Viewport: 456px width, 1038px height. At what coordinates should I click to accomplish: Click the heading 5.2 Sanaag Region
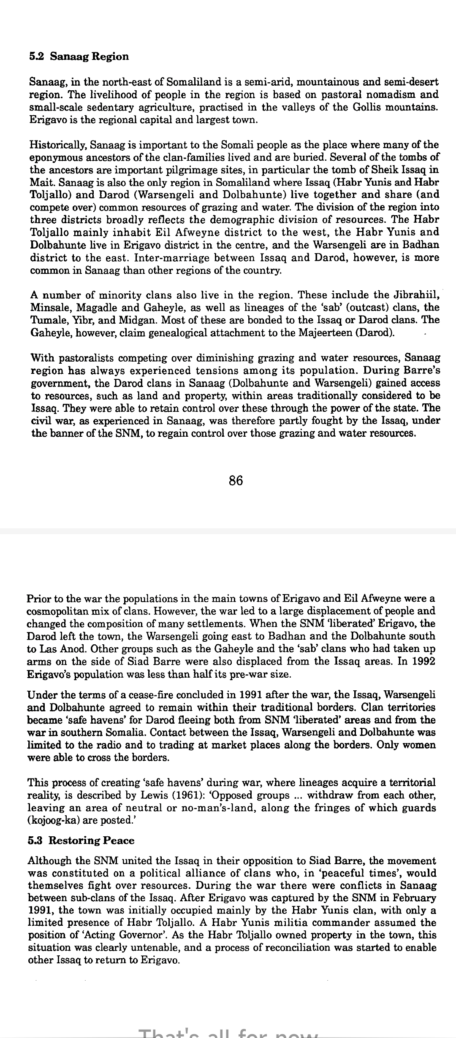(x=79, y=57)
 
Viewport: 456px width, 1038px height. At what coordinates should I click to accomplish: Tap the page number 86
(x=236, y=480)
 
